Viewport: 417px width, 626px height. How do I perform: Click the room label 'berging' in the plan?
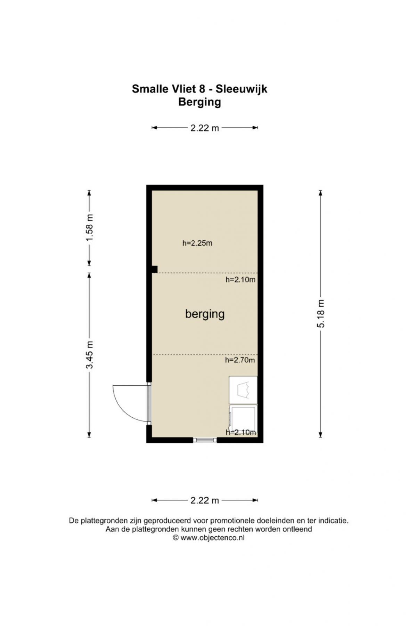tap(205, 314)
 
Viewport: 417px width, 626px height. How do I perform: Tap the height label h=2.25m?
tap(197, 243)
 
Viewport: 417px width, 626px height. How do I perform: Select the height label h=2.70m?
tap(240, 360)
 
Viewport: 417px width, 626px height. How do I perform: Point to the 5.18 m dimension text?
tap(321, 313)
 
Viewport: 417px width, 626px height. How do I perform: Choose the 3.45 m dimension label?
tap(90, 355)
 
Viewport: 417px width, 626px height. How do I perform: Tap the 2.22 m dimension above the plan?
tap(205, 128)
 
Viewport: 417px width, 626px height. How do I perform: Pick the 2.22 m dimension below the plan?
tap(205, 500)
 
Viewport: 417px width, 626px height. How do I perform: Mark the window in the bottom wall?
tap(205, 440)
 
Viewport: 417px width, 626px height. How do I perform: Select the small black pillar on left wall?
tap(155, 269)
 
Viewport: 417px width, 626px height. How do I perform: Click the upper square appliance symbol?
tap(243, 390)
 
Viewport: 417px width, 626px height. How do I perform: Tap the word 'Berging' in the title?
tap(199, 102)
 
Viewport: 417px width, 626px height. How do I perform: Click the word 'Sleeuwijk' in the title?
tap(242, 89)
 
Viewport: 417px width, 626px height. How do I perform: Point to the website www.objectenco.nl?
tap(212, 538)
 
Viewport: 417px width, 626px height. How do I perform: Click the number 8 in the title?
tap(202, 89)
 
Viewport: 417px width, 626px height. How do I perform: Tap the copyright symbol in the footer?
tap(176, 538)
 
